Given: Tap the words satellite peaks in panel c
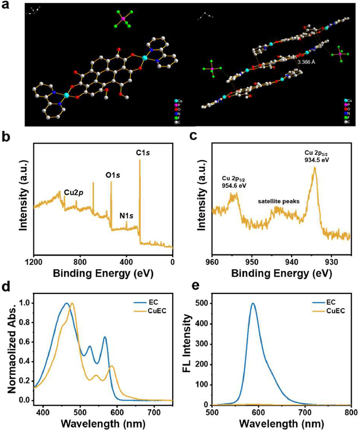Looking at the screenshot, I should (x=278, y=201).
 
